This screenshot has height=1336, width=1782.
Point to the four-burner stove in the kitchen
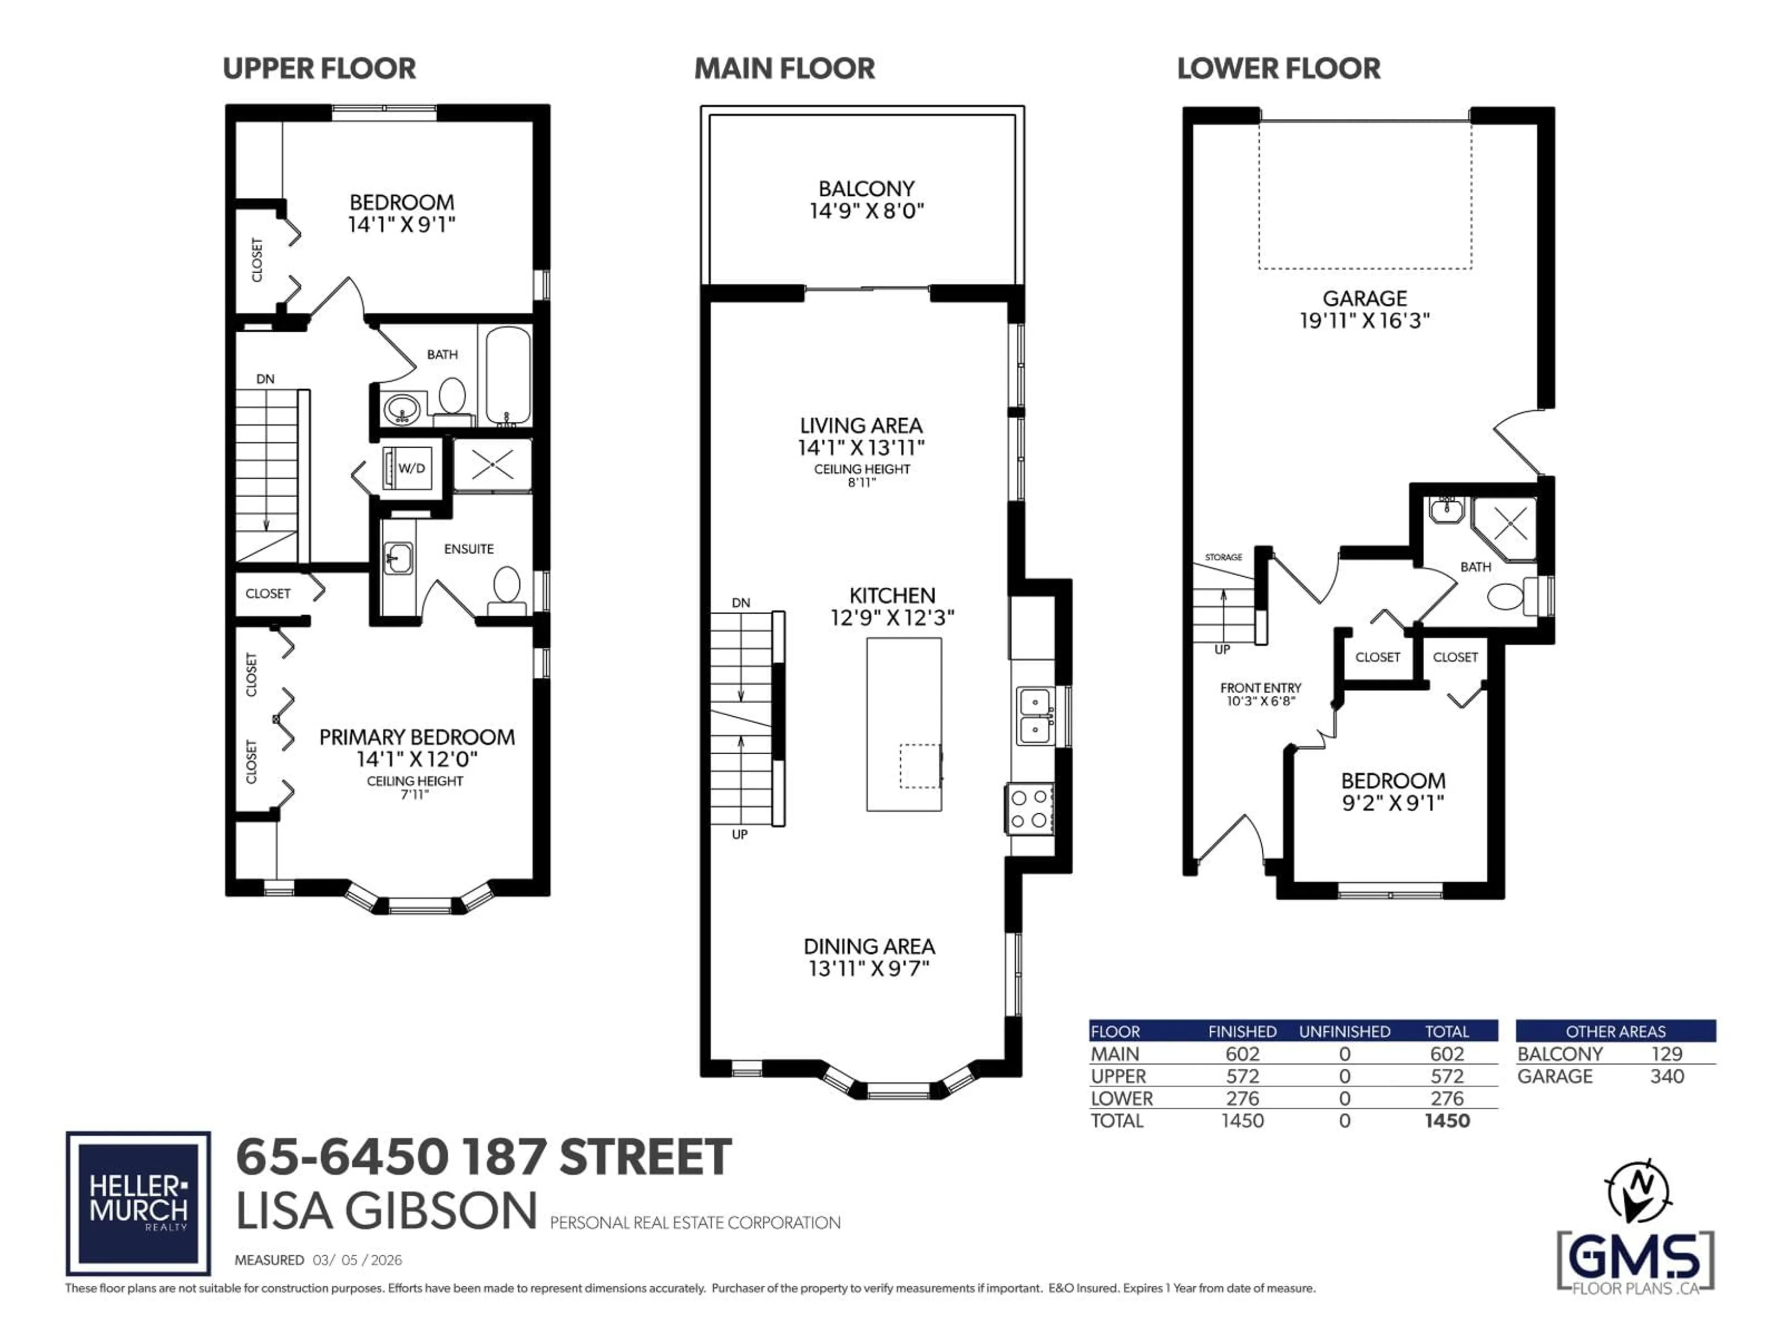pos(1029,809)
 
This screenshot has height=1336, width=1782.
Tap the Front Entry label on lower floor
pos(1260,688)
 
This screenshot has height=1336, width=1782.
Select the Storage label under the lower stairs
pos(1223,557)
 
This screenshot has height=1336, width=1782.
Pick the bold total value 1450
pos(1447,1121)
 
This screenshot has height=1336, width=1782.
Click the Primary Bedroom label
pos(417,737)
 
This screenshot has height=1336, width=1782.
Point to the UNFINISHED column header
pos(1344,1032)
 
